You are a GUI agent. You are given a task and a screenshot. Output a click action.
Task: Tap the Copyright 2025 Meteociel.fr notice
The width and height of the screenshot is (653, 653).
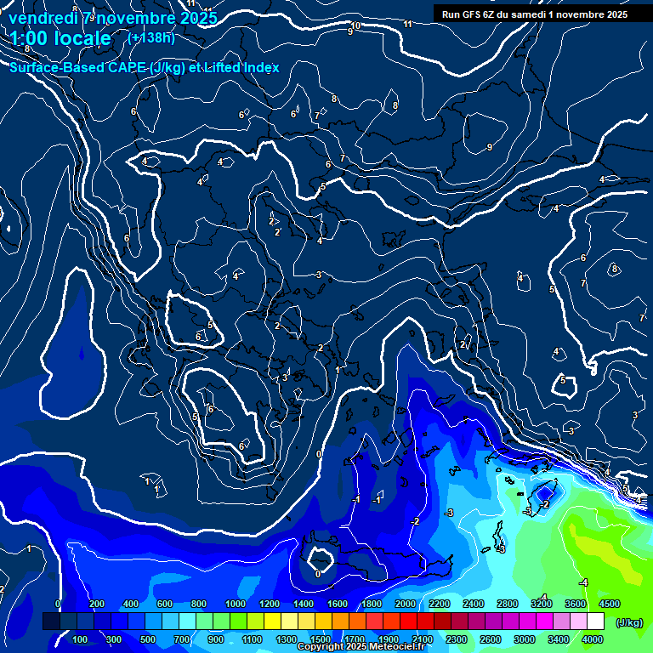pyautogui.click(x=361, y=647)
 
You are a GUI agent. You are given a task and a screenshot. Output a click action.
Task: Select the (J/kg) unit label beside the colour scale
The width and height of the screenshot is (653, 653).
pyautogui.click(x=629, y=622)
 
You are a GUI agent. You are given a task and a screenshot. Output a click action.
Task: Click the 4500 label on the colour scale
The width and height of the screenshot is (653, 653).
pyautogui.click(x=609, y=604)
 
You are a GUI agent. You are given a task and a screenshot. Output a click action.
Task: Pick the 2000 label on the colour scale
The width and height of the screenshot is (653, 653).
pyautogui.click(x=405, y=604)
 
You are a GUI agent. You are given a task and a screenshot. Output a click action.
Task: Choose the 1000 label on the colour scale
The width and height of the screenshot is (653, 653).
pyautogui.click(x=235, y=604)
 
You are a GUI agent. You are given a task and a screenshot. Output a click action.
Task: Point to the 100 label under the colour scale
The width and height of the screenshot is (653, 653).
pyautogui.click(x=81, y=639)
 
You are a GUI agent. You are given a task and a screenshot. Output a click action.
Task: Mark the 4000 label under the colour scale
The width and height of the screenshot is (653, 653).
pyautogui.click(x=592, y=639)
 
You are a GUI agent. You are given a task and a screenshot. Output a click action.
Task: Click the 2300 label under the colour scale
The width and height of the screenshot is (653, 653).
pyautogui.click(x=456, y=639)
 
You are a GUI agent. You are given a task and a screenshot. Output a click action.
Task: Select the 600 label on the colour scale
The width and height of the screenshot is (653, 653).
pyautogui.click(x=165, y=604)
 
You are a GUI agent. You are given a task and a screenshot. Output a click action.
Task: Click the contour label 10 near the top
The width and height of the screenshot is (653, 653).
pyautogui.click(x=355, y=26)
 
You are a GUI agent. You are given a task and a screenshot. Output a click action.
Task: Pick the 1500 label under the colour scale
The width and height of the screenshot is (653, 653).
pyautogui.click(x=320, y=639)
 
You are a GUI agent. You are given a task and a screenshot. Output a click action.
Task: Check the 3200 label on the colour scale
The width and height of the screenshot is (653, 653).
pyautogui.click(x=541, y=604)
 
